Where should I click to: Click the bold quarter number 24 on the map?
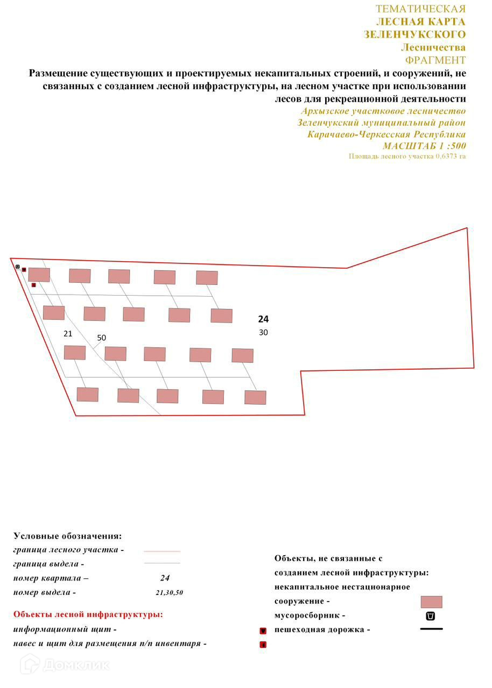pos(263,319)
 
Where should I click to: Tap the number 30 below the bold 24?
pos(263,333)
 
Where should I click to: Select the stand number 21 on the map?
pos(68,334)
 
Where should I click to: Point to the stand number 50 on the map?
pos(102,338)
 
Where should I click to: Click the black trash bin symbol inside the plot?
pos(18,266)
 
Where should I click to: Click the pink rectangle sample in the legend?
pos(431,602)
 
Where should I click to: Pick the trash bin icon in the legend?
pos(431,616)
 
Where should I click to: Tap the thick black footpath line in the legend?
pos(431,629)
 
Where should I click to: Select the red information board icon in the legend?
pos(263,630)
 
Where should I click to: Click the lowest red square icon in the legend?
pos(263,644)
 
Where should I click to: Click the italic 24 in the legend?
pos(165,578)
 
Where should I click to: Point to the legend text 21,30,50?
pos(169,593)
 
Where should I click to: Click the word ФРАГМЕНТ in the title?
pos(435,60)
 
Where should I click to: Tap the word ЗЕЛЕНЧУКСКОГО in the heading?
pos(414,34)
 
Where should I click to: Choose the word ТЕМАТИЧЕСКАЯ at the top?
pos(420,9)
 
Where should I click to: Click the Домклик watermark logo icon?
pos(30,665)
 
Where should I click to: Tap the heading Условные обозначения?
pos(67,536)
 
